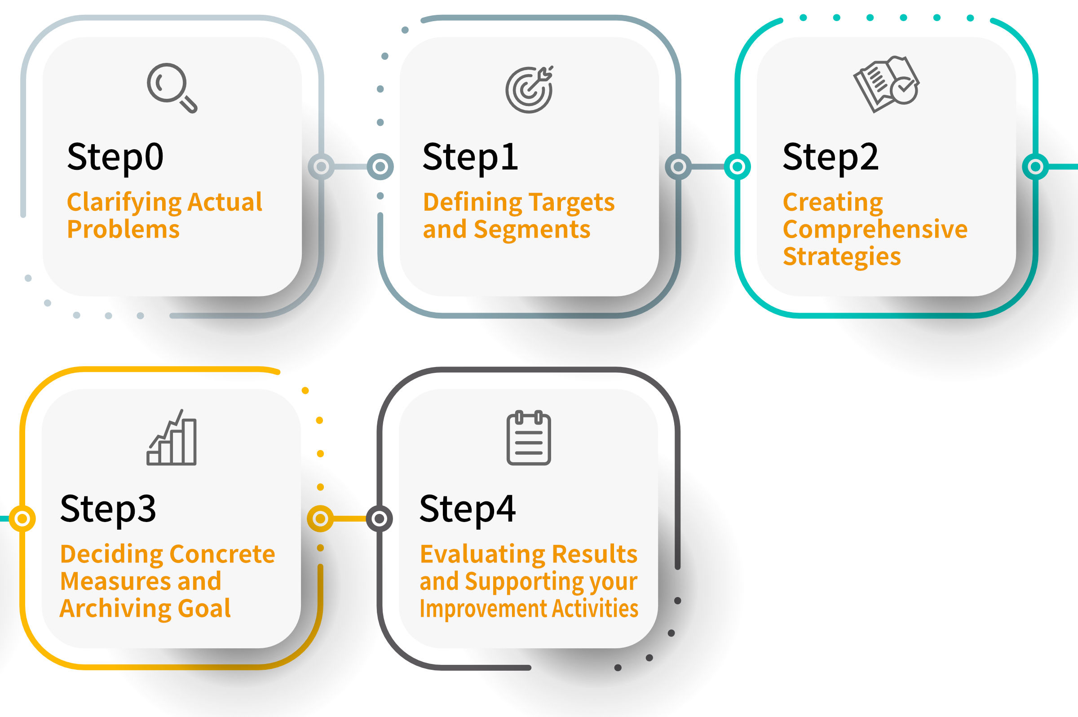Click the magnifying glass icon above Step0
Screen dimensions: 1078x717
click(x=172, y=88)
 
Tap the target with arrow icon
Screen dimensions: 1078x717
click(x=530, y=89)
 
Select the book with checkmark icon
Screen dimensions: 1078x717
click(x=887, y=84)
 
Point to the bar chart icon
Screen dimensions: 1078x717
click(x=172, y=438)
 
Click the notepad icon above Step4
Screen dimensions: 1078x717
click(x=529, y=438)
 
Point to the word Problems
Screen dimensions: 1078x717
click(x=123, y=229)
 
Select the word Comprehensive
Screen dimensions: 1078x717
click(x=875, y=229)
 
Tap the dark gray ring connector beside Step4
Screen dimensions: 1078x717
click(x=379, y=518)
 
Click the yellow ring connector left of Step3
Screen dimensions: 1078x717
click(x=22, y=518)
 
